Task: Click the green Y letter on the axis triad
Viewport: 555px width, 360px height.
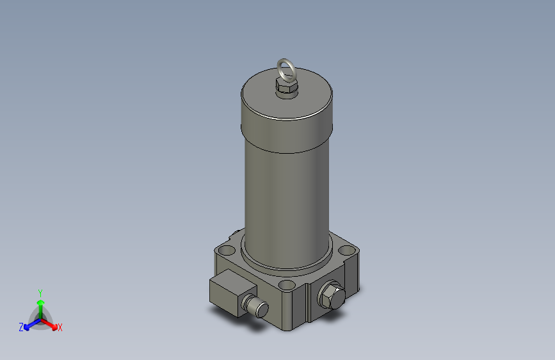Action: [x=40, y=291]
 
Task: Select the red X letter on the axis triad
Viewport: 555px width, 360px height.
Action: [x=60, y=327]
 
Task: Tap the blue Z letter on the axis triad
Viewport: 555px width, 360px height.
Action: [x=21, y=327]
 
